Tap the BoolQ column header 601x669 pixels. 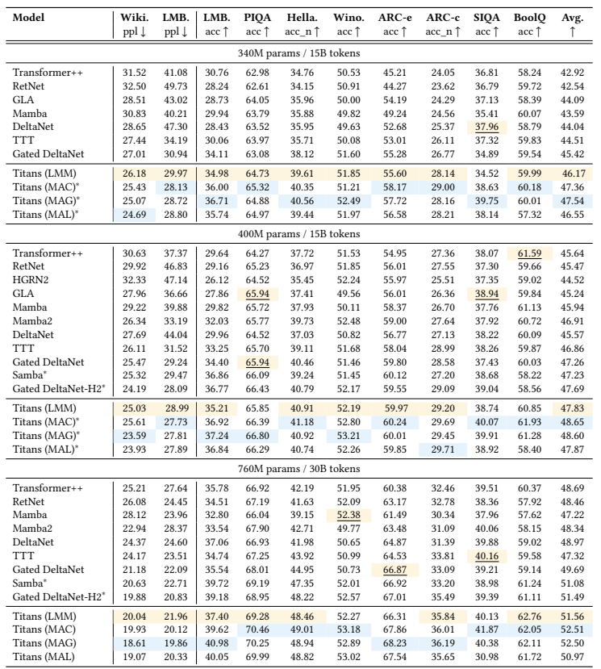coord(528,18)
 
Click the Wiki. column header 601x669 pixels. coord(134,18)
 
